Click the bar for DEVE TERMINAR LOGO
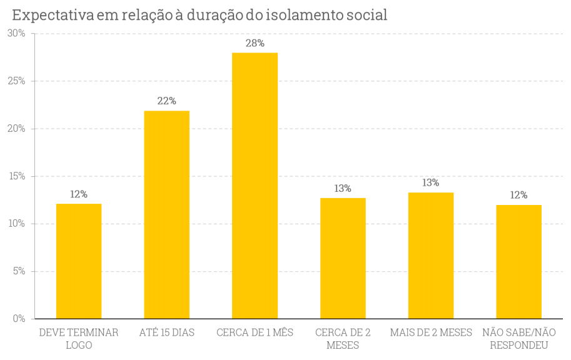(x=79, y=261)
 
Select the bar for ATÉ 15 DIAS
(x=167, y=214)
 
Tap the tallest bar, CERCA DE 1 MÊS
(x=255, y=186)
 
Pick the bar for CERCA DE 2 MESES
(x=343, y=258)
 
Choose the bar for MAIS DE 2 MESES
(x=431, y=256)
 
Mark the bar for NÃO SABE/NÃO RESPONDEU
(x=518, y=262)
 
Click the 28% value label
(x=255, y=43)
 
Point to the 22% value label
(x=167, y=101)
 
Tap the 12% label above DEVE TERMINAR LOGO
(x=79, y=194)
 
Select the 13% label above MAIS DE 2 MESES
(x=431, y=182)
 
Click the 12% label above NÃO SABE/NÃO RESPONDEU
(x=518, y=194)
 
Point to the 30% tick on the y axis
(x=16, y=33)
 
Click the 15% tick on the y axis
(x=16, y=176)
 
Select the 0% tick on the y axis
(x=19, y=319)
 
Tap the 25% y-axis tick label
(x=16, y=81)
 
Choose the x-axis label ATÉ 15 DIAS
(x=167, y=332)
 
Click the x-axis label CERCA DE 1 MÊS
(x=255, y=332)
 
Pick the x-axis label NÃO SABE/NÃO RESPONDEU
(x=518, y=338)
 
